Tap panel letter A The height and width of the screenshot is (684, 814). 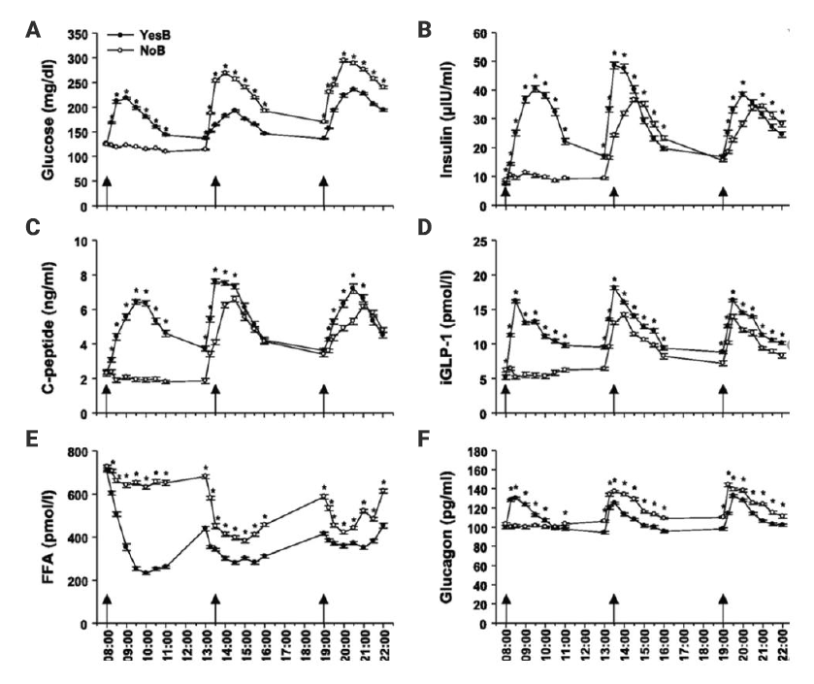(33, 30)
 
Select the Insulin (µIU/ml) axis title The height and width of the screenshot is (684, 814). (450, 121)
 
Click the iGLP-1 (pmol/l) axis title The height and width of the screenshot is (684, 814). (450, 327)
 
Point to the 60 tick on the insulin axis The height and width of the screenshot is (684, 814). (478, 35)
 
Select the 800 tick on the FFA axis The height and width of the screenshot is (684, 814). (79, 452)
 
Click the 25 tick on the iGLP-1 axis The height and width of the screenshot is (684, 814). (478, 241)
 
